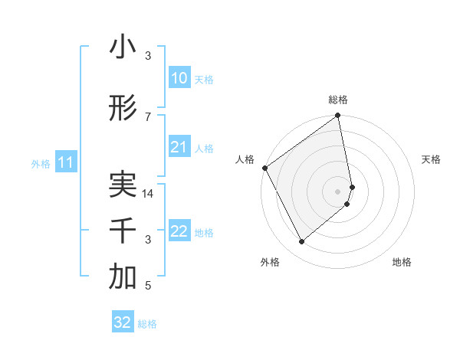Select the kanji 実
pyautogui.click(x=123, y=185)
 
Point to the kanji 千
pyautogui.click(x=123, y=231)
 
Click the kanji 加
pyautogui.click(x=123, y=278)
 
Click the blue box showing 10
pyautogui.click(x=179, y=78)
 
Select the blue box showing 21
pyautogui.click(x=179, y=147)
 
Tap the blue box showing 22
pyautogui.click(x=179, y=231)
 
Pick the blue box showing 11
pyautogui.click(x=65, y=162)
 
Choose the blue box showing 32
pyautogui.click(x=123, y=322)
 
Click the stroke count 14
pyautogui.click(x=149, y=194)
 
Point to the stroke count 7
pyautogui.click(x=148, y=116)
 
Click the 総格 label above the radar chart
pyautogui.click(x=338, y=100)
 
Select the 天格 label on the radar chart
pyautogui.click(x=431, y=159)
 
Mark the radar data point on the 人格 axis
pyautogui.click(x=264, y=168)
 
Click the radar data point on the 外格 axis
pyautogui.click(x=302, y=242)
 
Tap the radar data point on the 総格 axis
pyautogui.click(x=338, y=116)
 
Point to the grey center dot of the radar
pyautogui.click(x=338, y=191)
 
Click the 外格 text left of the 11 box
pyautogui.click(x=40, y=163)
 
